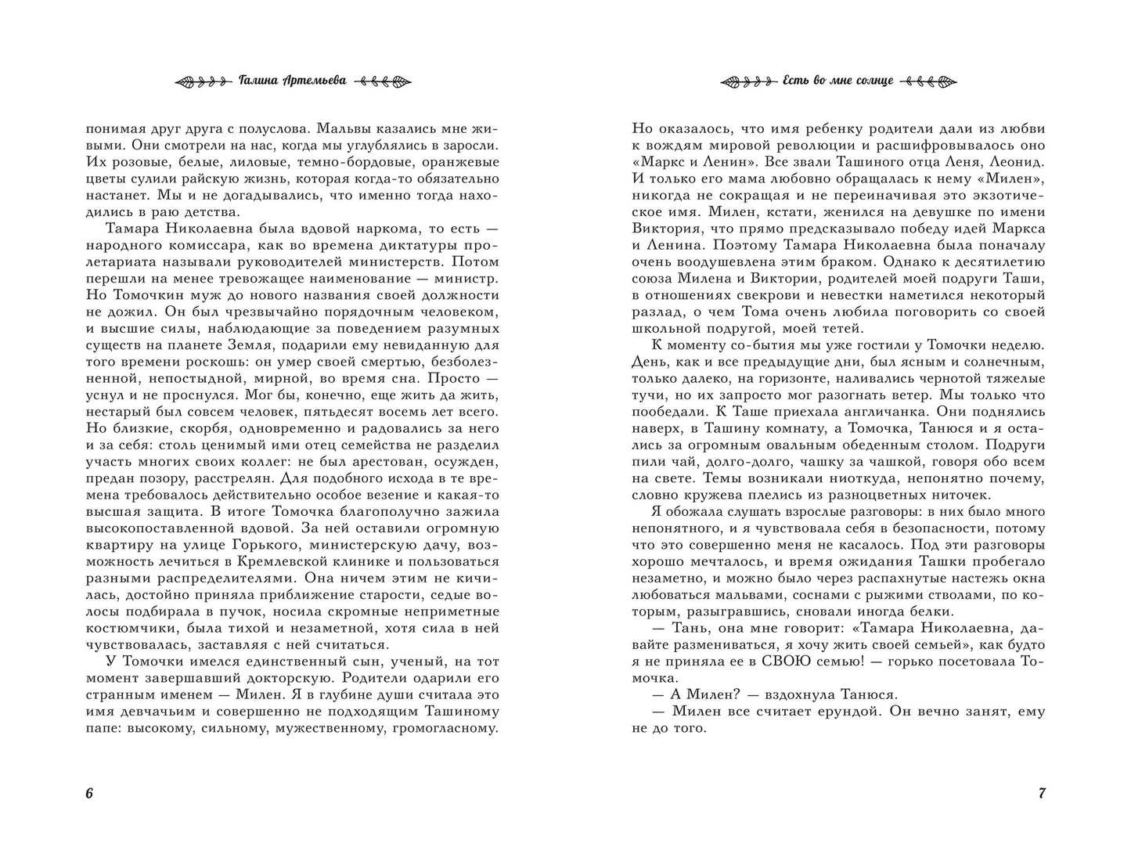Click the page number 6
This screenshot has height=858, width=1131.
tap(88, 793)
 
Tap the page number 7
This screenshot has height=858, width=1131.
tap(1042, 793)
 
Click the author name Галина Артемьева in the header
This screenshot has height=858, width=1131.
tap(292, 81)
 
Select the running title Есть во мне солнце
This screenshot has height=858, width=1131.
tap(837, 81)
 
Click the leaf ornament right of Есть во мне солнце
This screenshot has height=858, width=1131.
tap(929, 81)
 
